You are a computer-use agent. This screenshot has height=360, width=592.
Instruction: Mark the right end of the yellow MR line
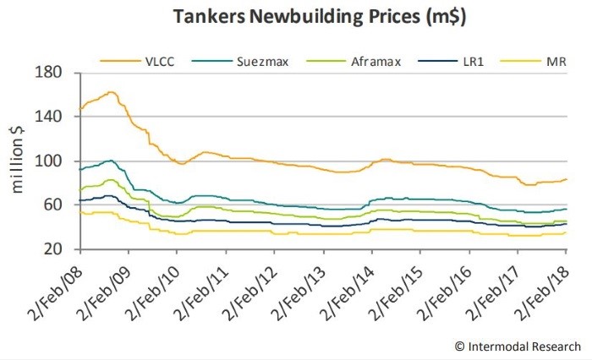566,232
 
